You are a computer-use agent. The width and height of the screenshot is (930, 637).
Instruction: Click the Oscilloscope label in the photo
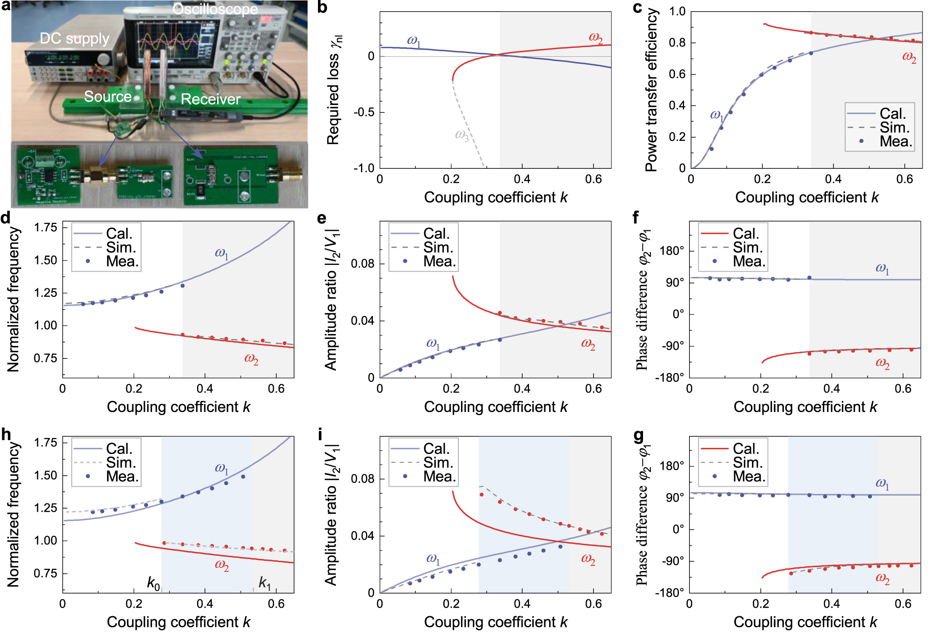[215, 9]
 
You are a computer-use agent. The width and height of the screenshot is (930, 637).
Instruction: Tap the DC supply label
[74, 39]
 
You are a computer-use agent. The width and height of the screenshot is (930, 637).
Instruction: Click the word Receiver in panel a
[210, 99]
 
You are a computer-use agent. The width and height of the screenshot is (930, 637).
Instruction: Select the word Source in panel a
[108, 97]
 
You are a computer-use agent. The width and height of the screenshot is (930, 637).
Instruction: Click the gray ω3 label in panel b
[461, 134]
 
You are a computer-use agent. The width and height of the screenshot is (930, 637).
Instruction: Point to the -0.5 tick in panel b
[364, 112]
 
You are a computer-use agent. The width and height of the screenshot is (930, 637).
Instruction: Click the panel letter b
[322, 7]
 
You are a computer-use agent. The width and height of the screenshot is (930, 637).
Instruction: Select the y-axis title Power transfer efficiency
[651, 91]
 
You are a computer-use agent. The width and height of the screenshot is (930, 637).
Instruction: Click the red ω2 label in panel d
[251, 358]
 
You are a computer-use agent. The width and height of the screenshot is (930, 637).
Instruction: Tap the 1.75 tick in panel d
[46, 228]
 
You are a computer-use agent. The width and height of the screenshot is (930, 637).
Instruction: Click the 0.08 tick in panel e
[362, 264]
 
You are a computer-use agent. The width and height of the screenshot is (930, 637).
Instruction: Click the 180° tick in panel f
[671, 251]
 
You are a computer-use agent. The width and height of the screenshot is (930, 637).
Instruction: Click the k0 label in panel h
[153, 583]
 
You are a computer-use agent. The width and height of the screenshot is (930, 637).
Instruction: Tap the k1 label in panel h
[264, 583]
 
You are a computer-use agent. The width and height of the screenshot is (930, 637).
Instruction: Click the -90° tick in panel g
[673, 561]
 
